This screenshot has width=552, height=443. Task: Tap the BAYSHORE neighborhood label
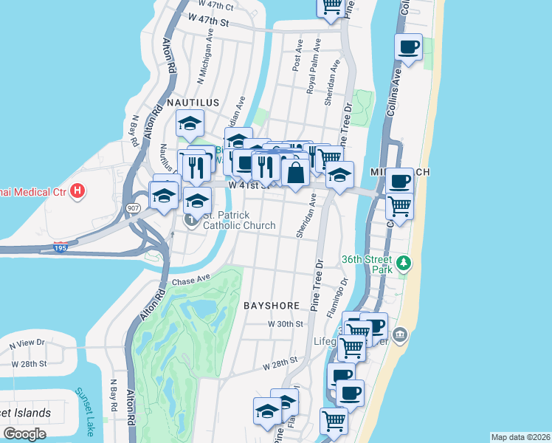tap(272, 305)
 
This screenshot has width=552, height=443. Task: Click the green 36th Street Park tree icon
tap(403, 263)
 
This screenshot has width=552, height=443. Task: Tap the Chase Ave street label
tap(190, 281)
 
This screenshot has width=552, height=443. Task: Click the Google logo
tap(24, 433)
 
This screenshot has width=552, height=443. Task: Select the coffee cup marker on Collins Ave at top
tap(408, 47)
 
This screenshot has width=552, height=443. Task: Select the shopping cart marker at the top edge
tap(331, 6)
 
